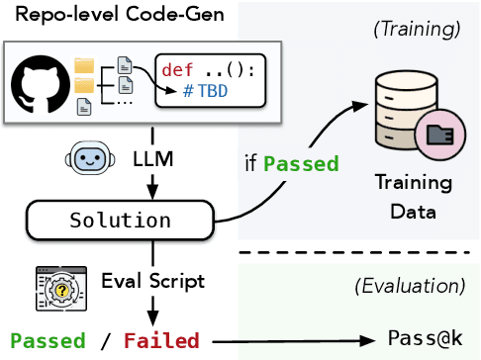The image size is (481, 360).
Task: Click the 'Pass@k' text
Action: click(426, 338)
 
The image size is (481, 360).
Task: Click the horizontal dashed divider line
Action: click(358, 253)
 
